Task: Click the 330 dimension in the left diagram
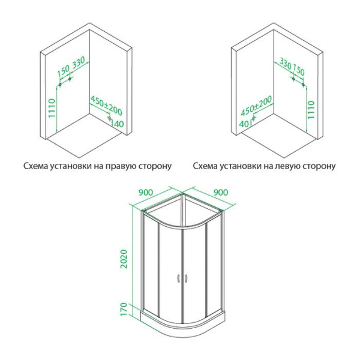coord(79,64)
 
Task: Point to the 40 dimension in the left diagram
coord(118,124)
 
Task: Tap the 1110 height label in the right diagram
coord(311,110)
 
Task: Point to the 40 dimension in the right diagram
coord(243,124)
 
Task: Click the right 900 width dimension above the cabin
coord(221,193)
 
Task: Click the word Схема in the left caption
coord(37,165)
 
